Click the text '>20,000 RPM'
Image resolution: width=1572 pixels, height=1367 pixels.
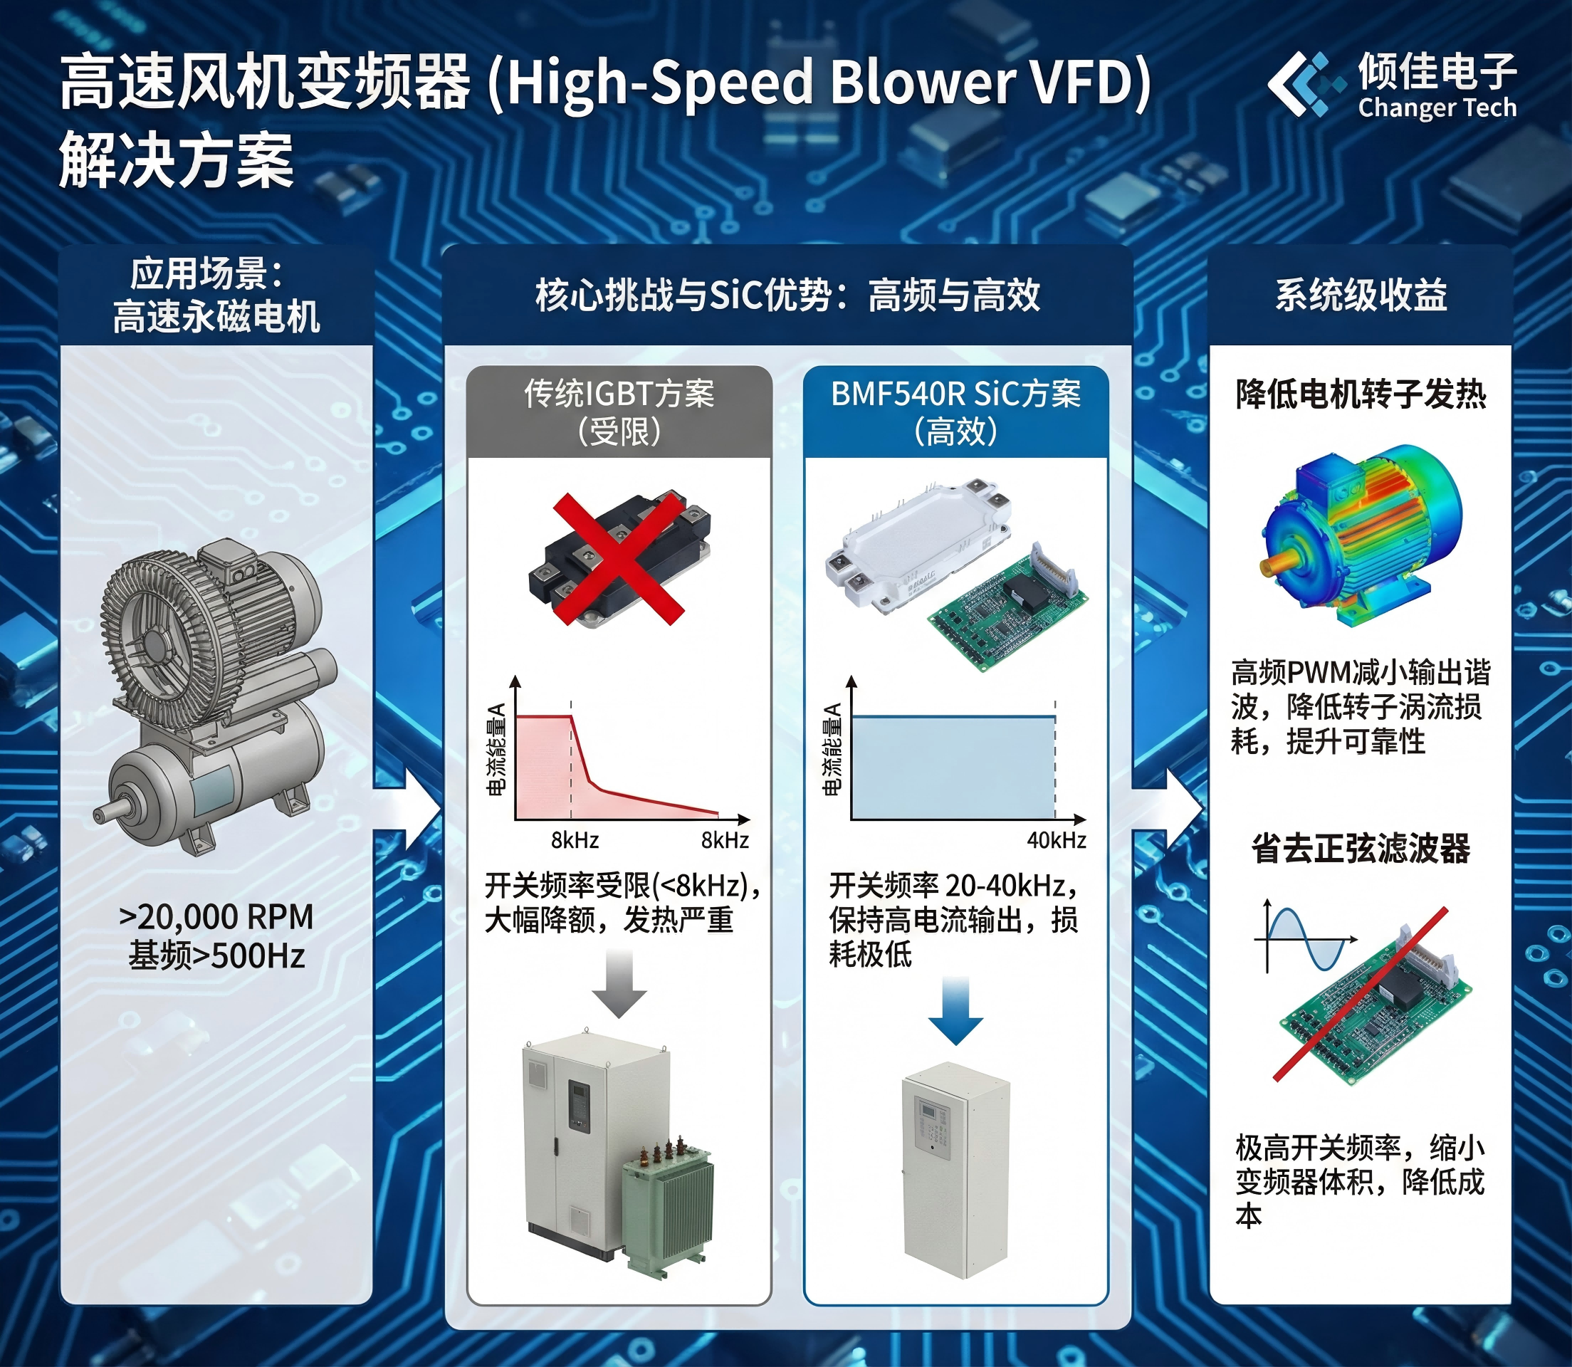[216, 916]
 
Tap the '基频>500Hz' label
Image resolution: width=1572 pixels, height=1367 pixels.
[216, 955]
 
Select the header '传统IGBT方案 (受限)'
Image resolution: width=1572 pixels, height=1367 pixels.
[619, 412]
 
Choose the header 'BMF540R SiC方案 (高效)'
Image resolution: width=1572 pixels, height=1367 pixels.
[955, 412]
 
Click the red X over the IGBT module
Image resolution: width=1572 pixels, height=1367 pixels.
[619, 558]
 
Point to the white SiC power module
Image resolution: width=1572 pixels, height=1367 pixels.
[918, 545]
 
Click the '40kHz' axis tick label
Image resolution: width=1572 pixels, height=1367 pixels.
[1057, 840]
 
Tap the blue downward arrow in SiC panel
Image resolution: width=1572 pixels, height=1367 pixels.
[955, 1010]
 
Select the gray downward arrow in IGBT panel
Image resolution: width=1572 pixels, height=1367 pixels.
[619, 983]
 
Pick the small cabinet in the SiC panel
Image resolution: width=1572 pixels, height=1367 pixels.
[955, 1170]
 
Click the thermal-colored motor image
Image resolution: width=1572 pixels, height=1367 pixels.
[1361, 534]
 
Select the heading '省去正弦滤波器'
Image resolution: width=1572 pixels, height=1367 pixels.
[1361, 848]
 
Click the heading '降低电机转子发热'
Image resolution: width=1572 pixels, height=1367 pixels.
[1361, 394]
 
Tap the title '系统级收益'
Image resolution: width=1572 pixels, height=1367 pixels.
[1361, 295]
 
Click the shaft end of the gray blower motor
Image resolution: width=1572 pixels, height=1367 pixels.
[99, 815]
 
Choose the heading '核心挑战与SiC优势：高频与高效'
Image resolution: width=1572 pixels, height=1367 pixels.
[787, 295]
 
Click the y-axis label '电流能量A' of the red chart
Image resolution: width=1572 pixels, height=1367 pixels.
[496, 749]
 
